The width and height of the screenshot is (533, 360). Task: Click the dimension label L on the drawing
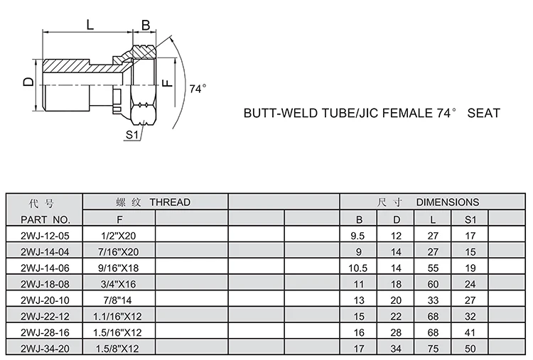pos(90,24)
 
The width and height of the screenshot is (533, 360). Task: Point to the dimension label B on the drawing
pos(146,25)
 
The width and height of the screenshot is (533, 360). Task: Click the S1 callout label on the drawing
pos(131,134)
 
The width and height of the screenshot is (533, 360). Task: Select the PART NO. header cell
pos(45,219)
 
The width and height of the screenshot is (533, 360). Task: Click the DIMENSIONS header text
pos(447,202)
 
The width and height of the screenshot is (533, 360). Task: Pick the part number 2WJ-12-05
pos(45,235)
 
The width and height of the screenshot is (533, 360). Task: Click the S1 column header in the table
pos(470,219)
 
